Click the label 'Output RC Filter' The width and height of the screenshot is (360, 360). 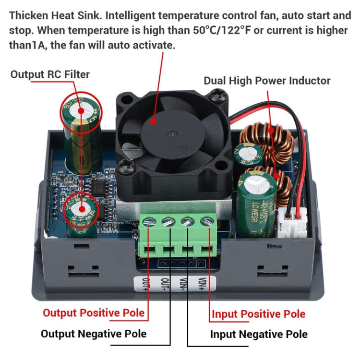pos(50,74)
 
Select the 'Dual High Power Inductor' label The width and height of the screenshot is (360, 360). pos(267,80)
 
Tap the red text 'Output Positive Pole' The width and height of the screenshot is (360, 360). pos(94,313)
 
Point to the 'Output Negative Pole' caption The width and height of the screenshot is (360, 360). pos(94,334)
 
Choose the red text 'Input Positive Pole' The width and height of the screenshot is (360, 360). pos(258,314)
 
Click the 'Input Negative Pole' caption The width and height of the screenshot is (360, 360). pos(259,334)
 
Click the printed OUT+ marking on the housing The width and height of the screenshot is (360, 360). pos(143,284)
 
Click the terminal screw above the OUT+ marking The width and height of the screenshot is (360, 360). pos(149,222)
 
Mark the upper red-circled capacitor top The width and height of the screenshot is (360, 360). pos(80,110)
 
